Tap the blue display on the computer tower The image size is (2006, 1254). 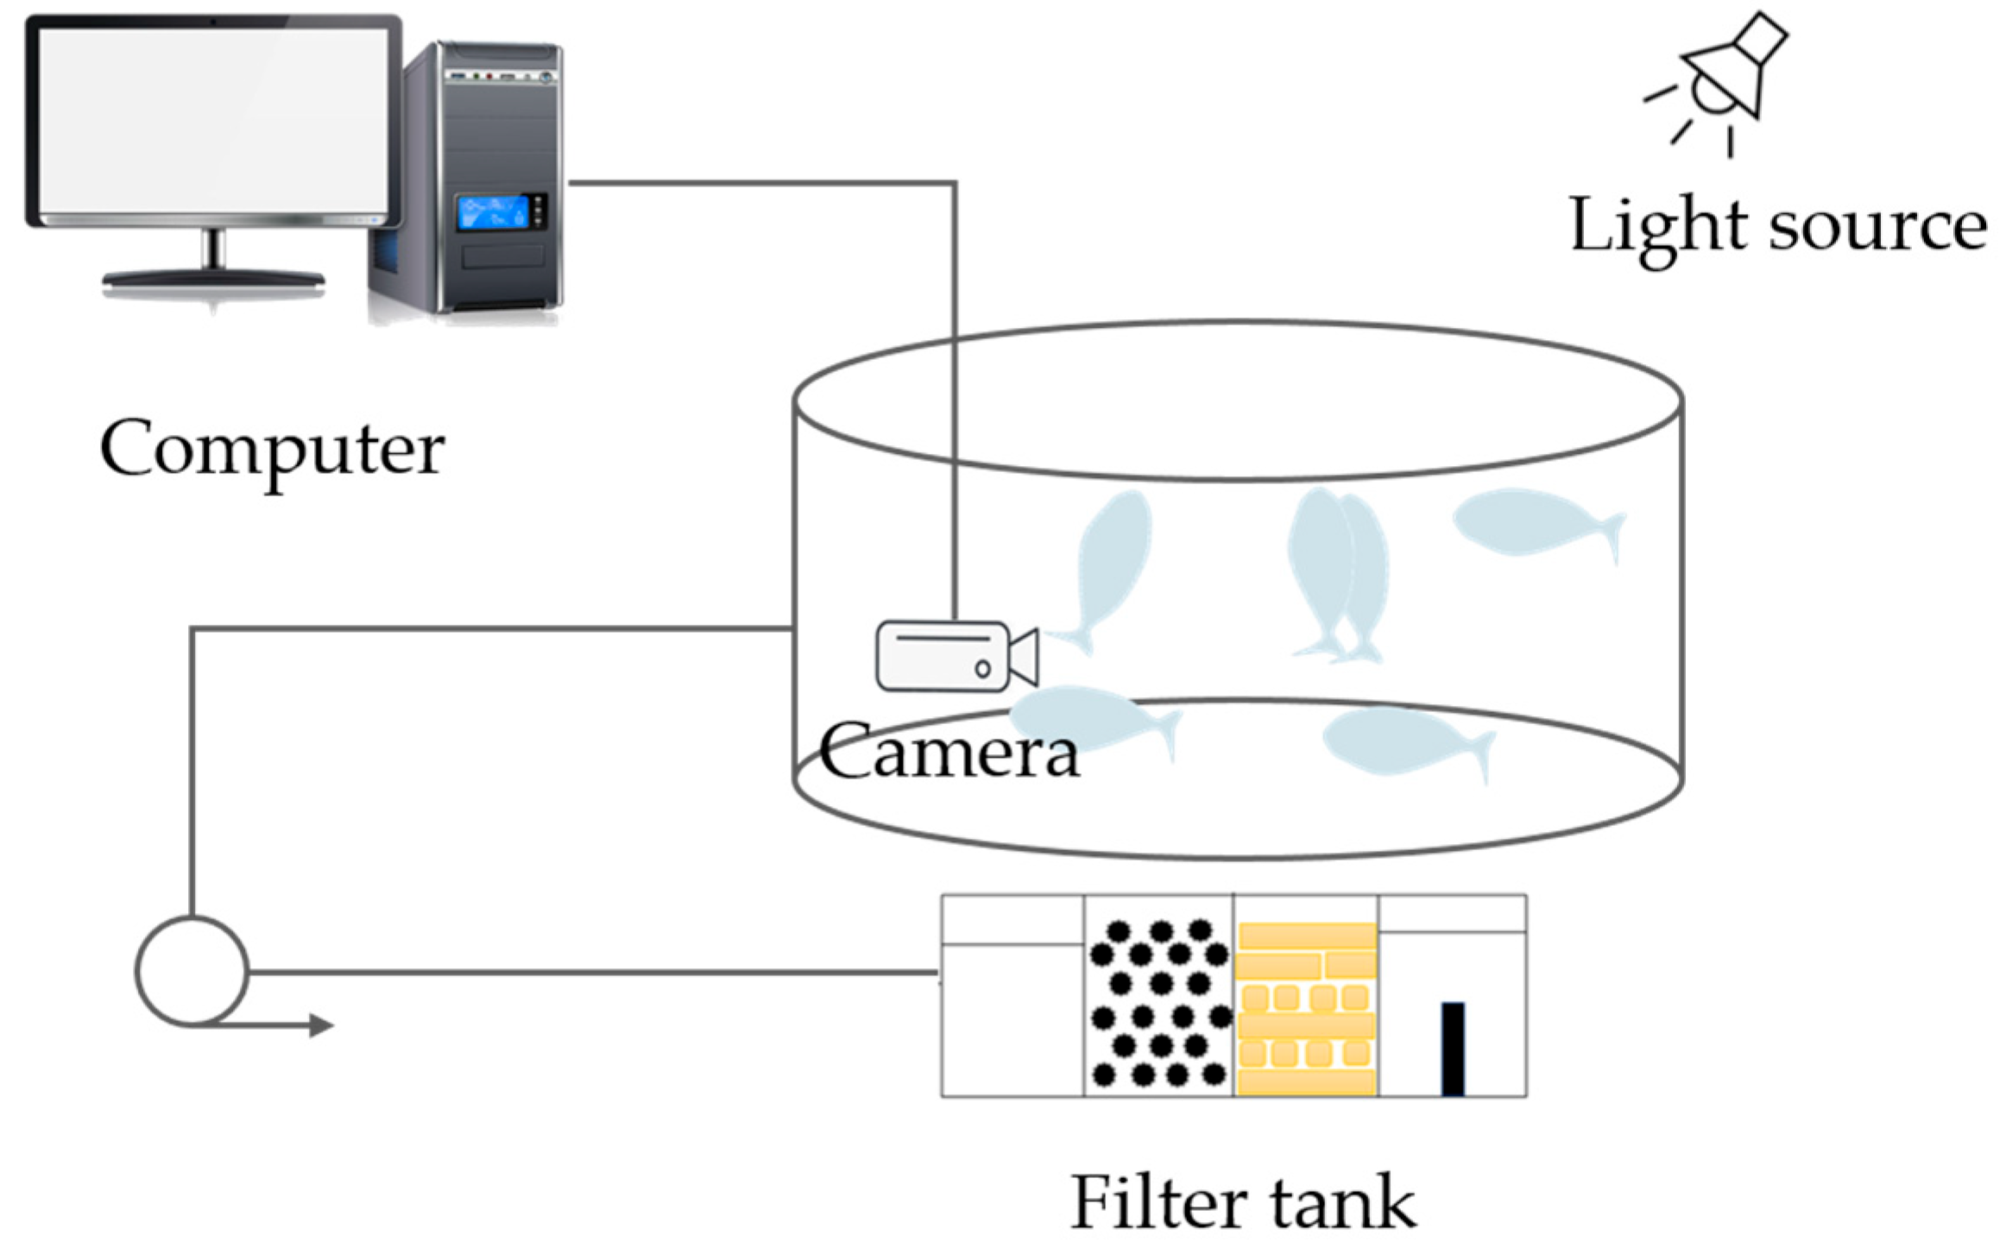[493, 211]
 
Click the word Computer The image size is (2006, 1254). [272, 451]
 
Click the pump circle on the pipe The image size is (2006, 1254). [192, 972]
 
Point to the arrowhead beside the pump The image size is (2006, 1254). [321, 1025]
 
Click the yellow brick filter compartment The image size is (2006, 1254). [1306, 1009]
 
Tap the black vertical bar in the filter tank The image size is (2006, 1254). [1453, 1049]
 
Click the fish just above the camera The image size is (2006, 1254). [1105, 570]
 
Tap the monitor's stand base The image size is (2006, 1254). [213, 279]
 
